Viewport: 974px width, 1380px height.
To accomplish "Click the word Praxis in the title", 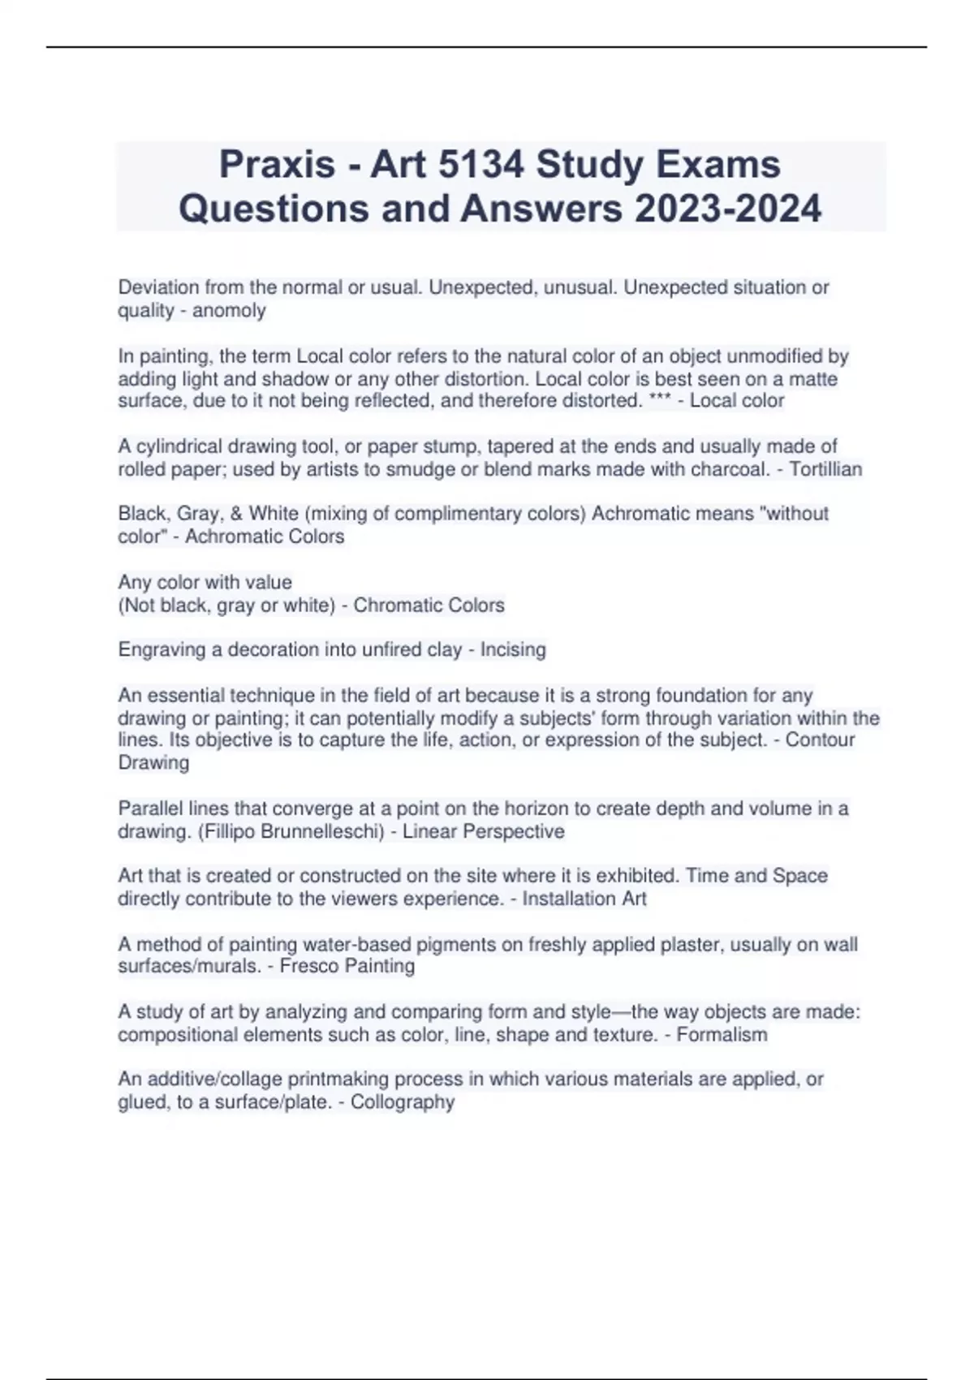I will coord(277,165).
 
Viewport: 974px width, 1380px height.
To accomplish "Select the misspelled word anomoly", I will coord(229,310).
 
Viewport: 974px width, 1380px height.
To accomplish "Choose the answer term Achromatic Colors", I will coord(265,537).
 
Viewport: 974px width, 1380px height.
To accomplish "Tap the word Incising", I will coord(513,649).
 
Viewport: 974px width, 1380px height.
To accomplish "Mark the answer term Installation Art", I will coord(584,899).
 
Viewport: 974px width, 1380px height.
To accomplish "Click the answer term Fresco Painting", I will coord(347,966).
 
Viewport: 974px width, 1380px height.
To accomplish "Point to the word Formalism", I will coord(722,1034).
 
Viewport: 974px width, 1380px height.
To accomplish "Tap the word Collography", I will coord(403,1102).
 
